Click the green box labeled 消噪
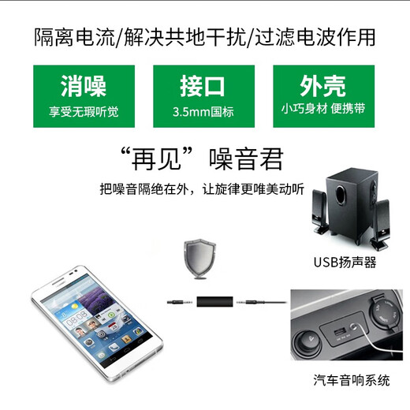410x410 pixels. tap(84, 95)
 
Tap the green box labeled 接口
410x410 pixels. tap(205, 95)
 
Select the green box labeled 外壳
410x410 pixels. tap(324, 95)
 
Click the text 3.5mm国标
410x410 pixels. tap(205, 111)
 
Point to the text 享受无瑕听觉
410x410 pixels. tap(84, 111)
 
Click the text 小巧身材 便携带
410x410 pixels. tap(324, 111)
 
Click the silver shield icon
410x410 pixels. tap(197, 256)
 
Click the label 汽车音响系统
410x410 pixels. tap(351, 380)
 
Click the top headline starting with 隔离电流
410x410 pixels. tap(205, 36)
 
